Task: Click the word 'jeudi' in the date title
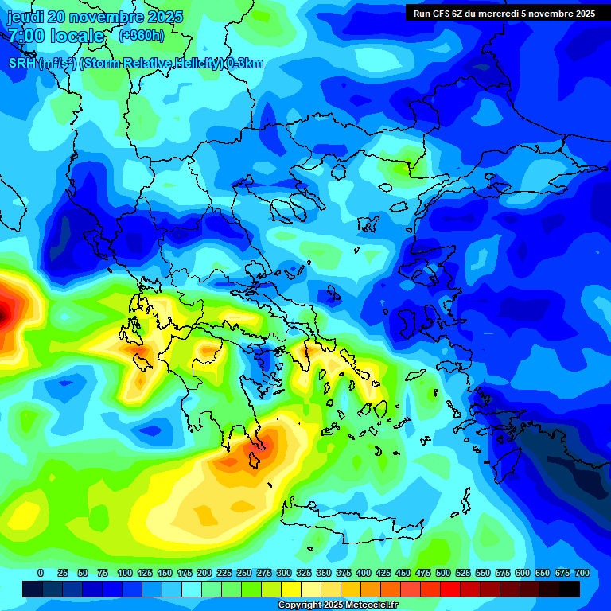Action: [25, 17]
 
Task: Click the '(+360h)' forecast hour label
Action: [142, 36]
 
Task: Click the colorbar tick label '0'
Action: [41, 573]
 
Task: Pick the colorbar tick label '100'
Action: [124, 573]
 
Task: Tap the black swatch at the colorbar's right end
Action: [570, 589]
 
